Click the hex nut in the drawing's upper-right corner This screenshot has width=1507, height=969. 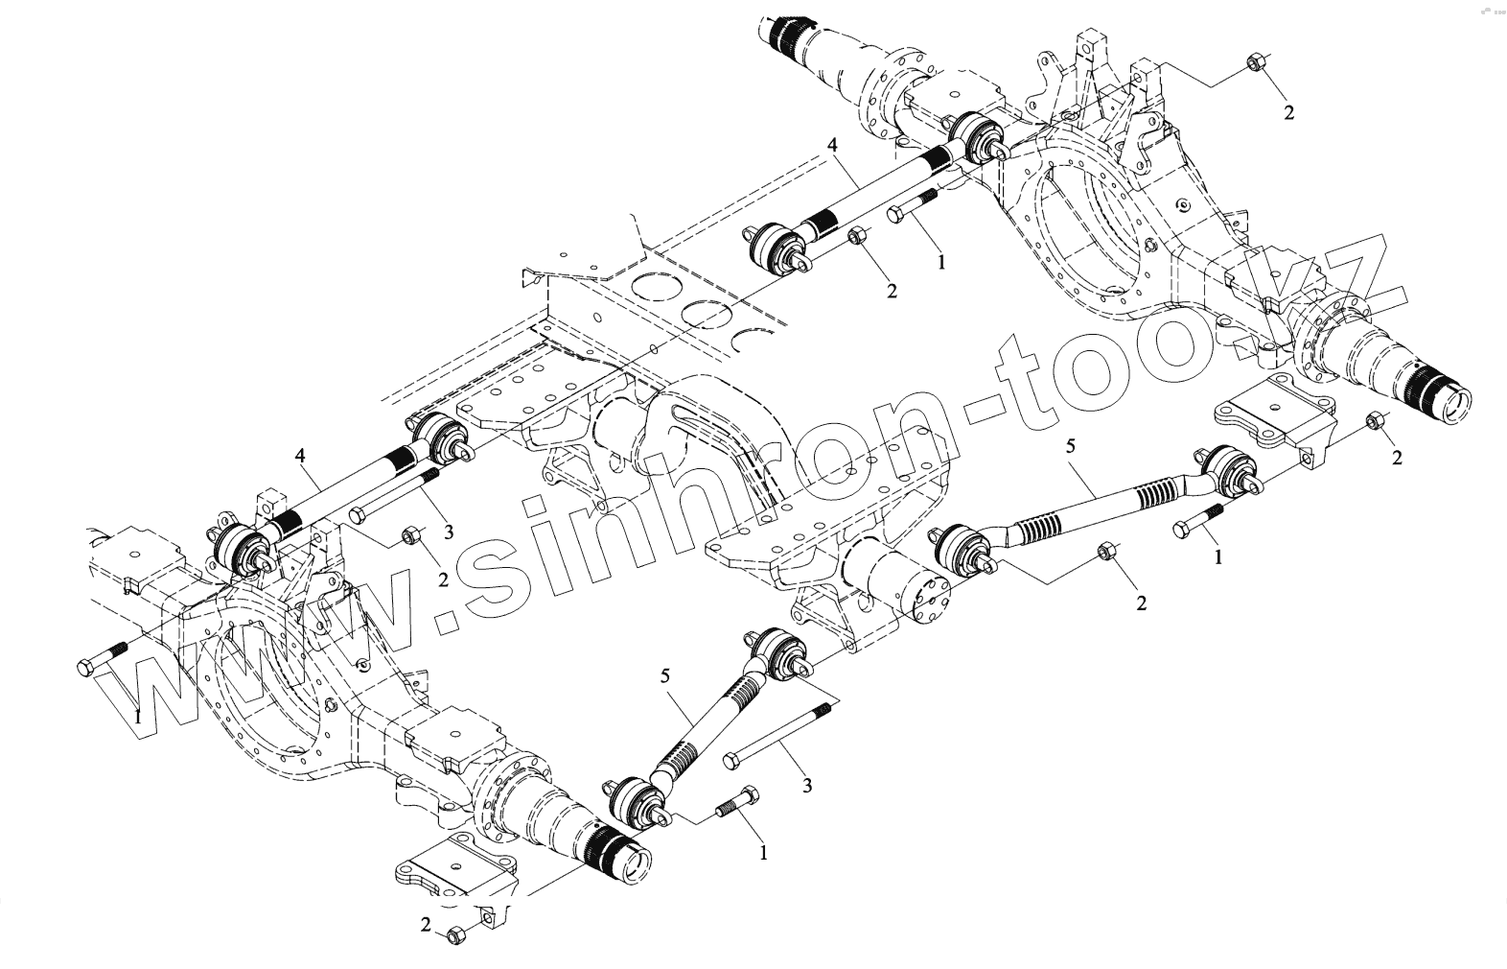tap(1253, 64)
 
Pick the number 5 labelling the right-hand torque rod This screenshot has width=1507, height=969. tap(1071, 445)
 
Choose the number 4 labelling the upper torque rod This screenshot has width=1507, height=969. tap(832, 145)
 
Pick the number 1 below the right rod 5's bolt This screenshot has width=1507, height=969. tap(1217, 555)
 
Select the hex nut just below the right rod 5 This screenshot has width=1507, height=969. tap(1105, 552)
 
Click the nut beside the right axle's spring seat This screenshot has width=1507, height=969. tap(1374, 420)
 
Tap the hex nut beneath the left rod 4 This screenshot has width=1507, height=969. tap(410, 533)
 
